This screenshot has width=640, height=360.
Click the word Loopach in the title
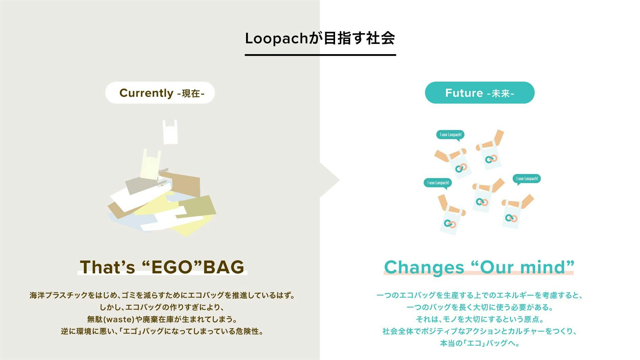coord(276,38)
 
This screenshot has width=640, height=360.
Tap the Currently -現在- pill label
coord(160,93)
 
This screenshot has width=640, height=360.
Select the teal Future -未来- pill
coord(480,93)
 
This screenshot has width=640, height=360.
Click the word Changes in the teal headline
coord(424,267)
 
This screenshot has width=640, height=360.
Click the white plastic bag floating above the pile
coord(170,132)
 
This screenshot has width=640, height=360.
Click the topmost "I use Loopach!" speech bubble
coord(450,135)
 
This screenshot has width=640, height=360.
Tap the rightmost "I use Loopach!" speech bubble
coord(527,179)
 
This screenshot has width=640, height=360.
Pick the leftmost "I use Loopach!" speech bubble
coord(438,183)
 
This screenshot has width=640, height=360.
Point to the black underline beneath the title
coord(320,54)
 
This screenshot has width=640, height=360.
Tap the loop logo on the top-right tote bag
coord(490,159)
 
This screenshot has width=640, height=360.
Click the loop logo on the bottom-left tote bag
coord(450,224)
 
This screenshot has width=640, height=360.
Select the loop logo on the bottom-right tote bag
coord(511,218)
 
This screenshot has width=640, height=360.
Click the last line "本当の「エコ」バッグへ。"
coord(480,343)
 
